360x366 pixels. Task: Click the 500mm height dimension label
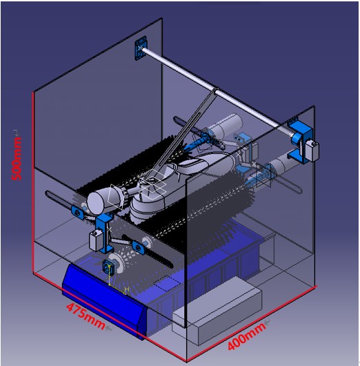(17, 159)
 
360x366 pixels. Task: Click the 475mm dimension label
(86, 316)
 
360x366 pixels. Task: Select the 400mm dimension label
(246, 336)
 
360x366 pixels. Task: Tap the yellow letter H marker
(127, 289)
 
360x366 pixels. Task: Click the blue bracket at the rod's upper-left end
(141, 48)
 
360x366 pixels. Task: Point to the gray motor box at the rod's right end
(312, 151)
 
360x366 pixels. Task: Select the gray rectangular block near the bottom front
(217, 311)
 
